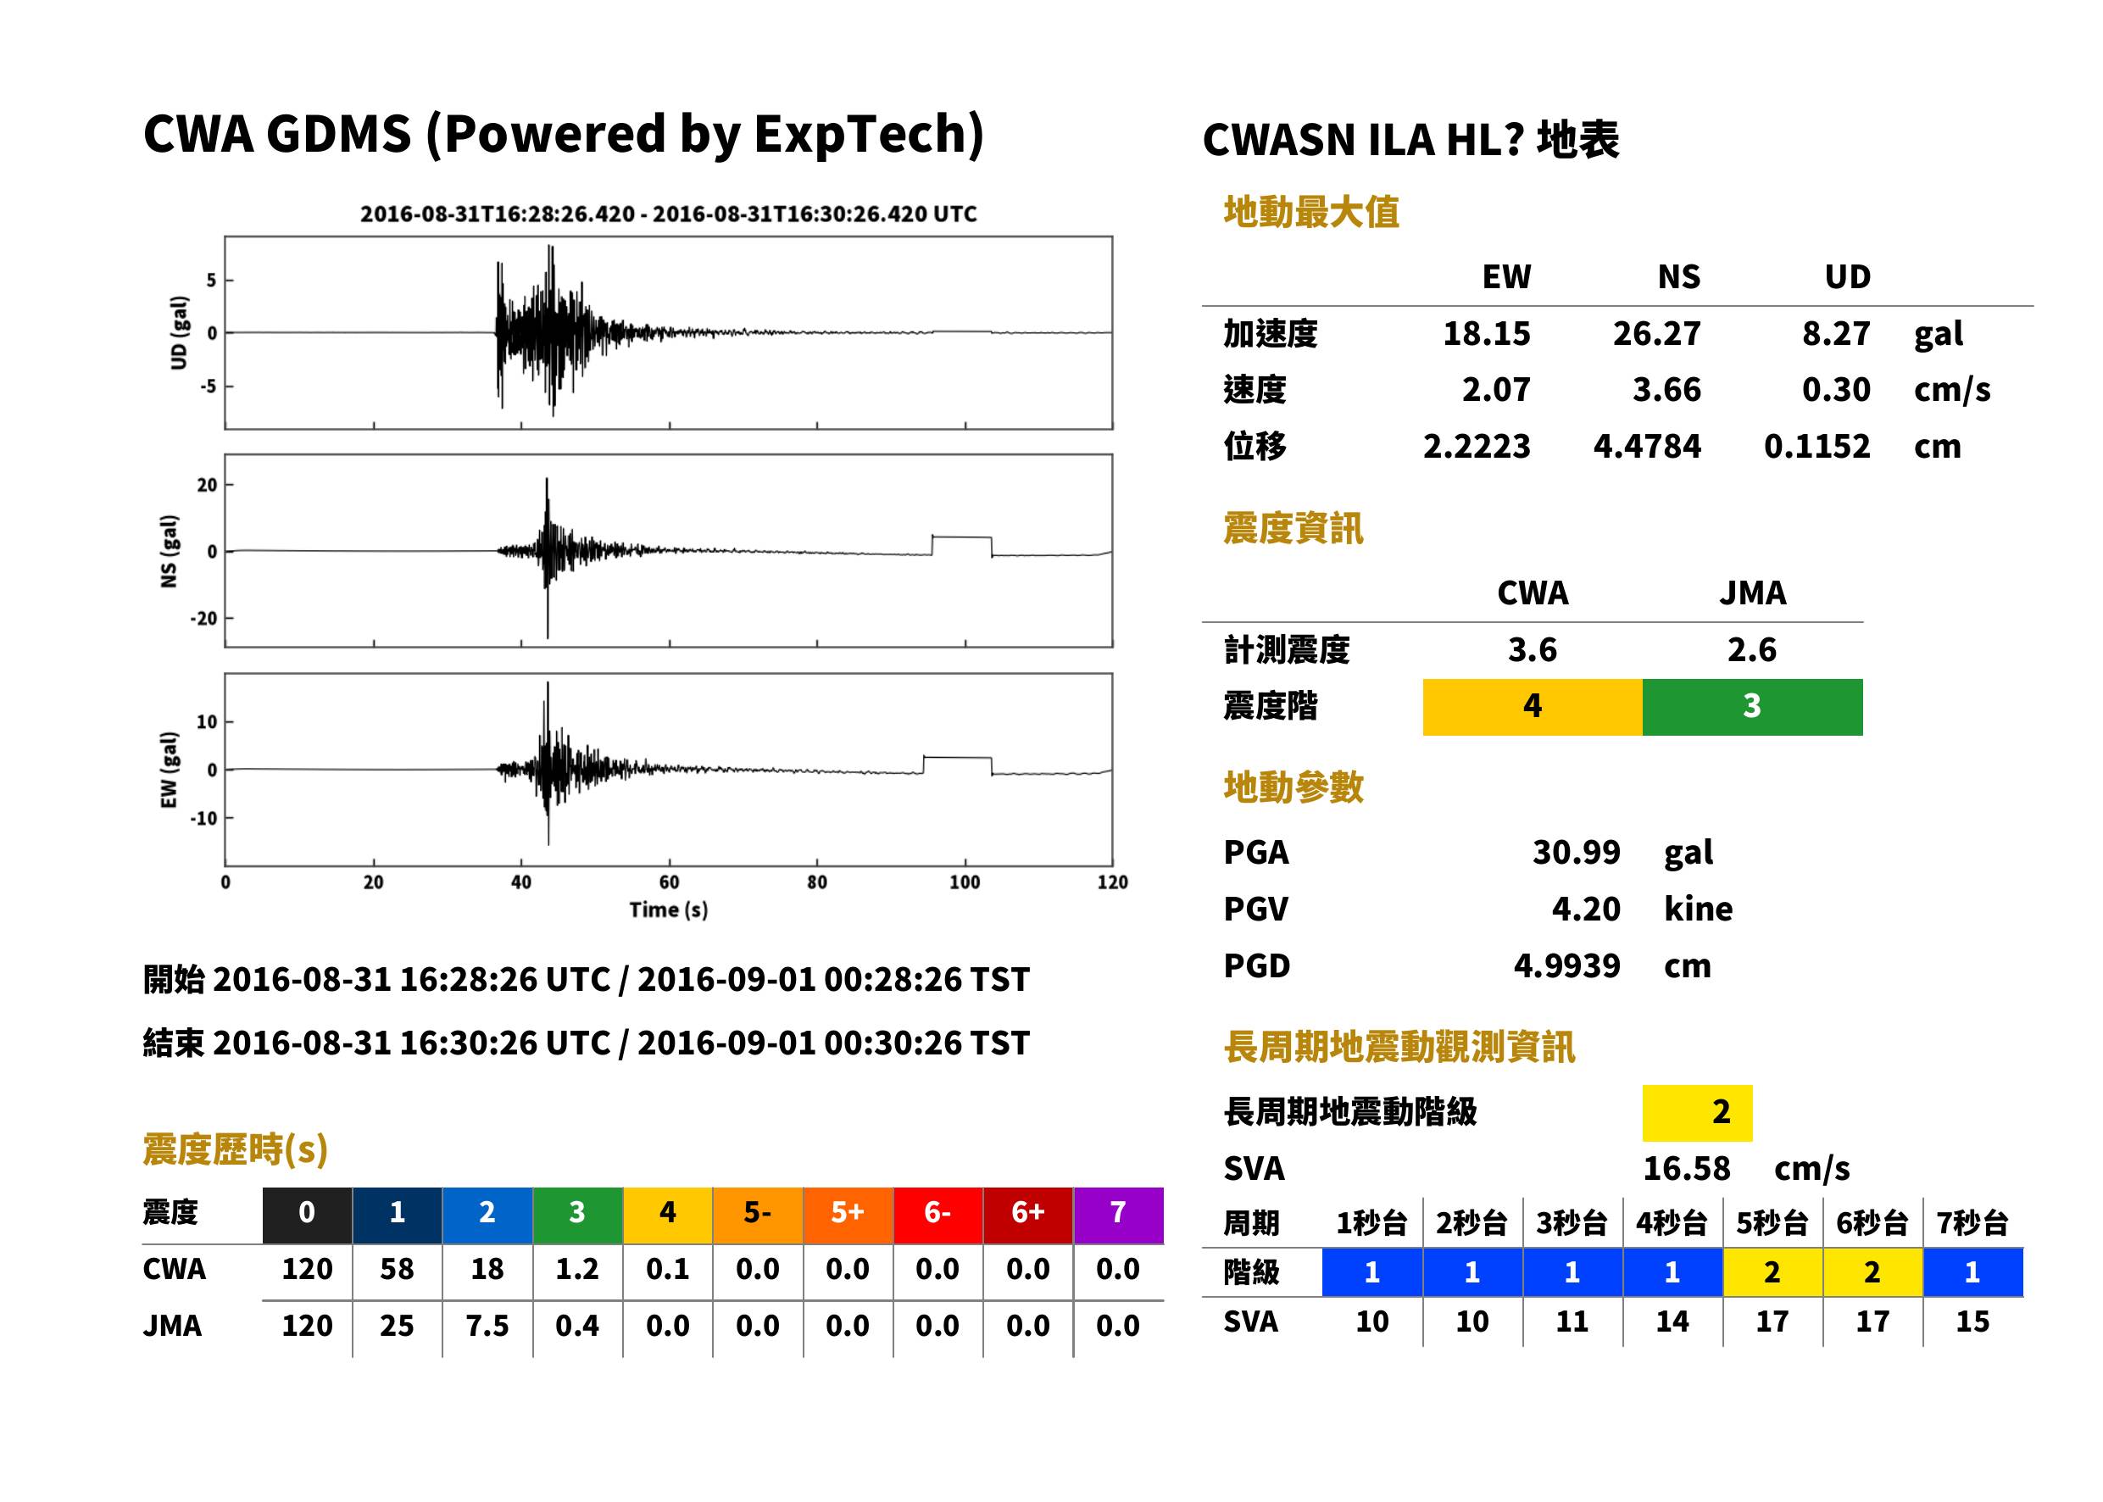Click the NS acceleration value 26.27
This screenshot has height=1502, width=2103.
1656,333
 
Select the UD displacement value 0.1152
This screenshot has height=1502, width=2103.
1816,446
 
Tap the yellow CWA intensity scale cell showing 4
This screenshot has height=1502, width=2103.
1533,707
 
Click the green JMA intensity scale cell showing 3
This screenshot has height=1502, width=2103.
1753,707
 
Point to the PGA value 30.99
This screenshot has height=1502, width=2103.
1576,852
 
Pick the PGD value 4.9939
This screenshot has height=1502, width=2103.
1566,965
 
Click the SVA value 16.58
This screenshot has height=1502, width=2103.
1686,1168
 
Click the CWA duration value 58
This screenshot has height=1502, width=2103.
397,1269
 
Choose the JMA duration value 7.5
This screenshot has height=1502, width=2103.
487,1326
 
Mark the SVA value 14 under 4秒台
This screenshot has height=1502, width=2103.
1672,1321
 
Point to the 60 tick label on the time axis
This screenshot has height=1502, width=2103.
669,882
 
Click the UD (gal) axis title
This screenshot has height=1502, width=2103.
180,333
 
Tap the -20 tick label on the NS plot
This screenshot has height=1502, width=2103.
203,618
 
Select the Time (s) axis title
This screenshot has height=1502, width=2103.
669,910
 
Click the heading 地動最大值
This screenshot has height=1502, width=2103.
1311,212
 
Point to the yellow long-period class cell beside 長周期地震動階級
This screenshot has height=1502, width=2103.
1697,1113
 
